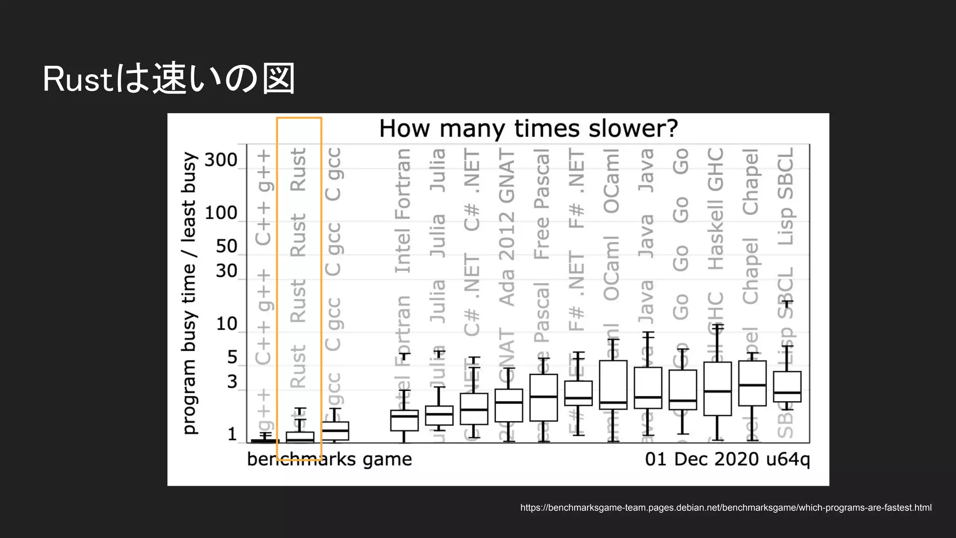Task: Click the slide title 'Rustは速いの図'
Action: (169, 78)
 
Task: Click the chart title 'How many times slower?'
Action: (528, 128)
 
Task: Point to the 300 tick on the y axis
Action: (221, 160)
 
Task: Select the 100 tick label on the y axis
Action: (221, 213)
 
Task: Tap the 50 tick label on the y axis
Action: (226, 246)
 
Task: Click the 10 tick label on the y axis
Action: (226, 324)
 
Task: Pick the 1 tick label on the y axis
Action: (232, 435)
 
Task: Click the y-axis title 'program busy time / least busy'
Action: (189, 293)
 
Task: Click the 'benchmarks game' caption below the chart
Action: (329, 459)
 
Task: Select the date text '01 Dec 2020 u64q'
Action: (727, 459)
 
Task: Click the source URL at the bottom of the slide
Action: (725, 508)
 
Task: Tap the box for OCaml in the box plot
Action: (613, 384)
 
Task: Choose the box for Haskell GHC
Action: (717, 388)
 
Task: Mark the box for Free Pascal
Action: (543, 397)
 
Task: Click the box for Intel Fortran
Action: (404, 420)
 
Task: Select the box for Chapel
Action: (752, 383)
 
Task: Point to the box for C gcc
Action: (335, 431)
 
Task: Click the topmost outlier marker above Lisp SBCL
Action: (787, 303)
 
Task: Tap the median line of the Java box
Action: (648, 397)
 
